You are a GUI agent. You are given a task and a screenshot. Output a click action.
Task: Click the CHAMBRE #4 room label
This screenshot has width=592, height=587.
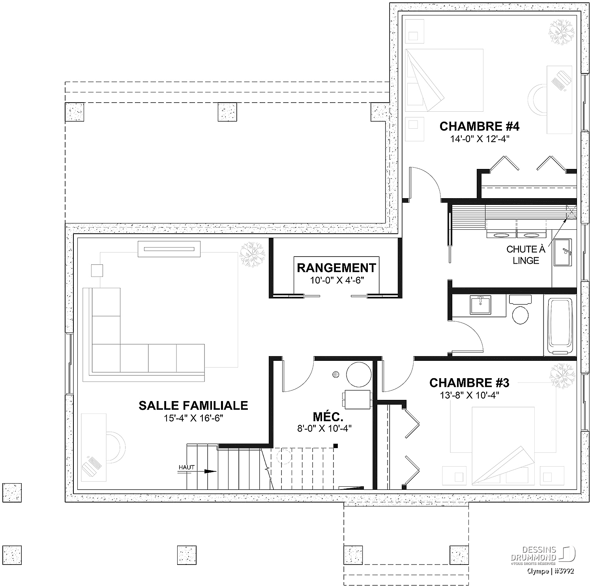tap(479, 126)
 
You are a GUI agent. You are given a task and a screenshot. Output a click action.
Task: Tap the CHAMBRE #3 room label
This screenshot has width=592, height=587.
tap(469, 383)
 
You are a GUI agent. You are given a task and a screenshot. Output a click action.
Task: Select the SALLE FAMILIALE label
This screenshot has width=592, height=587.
tap(193, 405)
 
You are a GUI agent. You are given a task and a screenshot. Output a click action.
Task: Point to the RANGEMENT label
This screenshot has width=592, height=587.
tap(336, 268)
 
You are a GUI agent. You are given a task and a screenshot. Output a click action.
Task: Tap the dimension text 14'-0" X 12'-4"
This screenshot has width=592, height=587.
tap(479, 139)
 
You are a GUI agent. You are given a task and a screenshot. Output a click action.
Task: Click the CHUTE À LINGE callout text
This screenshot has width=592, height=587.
tap(526, 255)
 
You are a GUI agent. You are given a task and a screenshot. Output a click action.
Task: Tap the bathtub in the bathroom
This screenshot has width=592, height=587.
tap(560, 326)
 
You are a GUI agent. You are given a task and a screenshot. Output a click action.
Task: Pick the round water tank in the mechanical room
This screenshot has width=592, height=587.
tap(359, 375)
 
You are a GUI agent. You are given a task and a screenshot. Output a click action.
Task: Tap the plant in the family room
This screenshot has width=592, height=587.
tap(252, 255)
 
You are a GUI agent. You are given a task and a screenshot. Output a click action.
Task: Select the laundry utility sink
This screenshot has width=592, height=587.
tap(563, 252)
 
